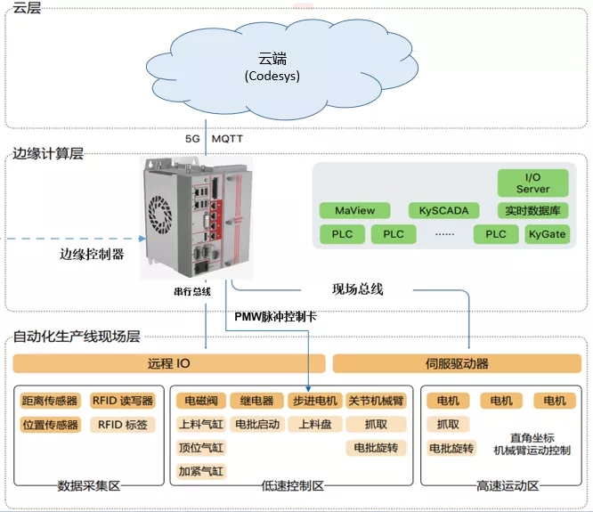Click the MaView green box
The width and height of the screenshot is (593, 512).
tap(354, 211)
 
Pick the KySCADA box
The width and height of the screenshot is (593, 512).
tap(443, 211)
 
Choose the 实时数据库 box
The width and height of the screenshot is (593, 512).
tap(532, 211)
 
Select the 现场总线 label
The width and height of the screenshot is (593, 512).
tap(357, 289)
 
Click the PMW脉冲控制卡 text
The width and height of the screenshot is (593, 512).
tap(274, 316)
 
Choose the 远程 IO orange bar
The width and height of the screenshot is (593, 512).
tap(167, 363)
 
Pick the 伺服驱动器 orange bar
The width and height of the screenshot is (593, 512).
tap(457, 363)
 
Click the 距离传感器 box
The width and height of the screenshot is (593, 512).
tap(49, 401)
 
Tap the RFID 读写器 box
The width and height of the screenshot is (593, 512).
tap(122, 401)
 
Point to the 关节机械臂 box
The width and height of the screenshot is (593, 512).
tap(374, 401)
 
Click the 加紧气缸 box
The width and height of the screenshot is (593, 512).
tap(200, 471)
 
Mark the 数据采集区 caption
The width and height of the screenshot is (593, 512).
tap(88, 487)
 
